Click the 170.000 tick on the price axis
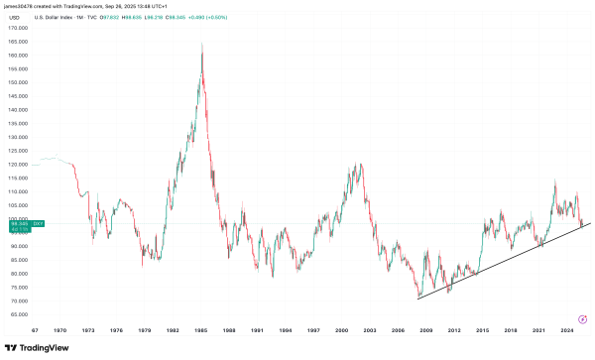pyautogui.click(x=18, y=28)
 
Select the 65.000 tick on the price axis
pyautogui.click(x=18, y=314)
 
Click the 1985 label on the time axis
pyautogui.click(x=201, y=330)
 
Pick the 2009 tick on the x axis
pyautogui.click(x=425, y=330)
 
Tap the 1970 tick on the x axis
pyautogui.click(x=61, y=330)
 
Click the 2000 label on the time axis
pyautogui.click(x=341, y=330)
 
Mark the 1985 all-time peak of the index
pyautogui.click(x=202, y=44)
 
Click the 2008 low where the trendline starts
pyautogui.click(x=418, y=298)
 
